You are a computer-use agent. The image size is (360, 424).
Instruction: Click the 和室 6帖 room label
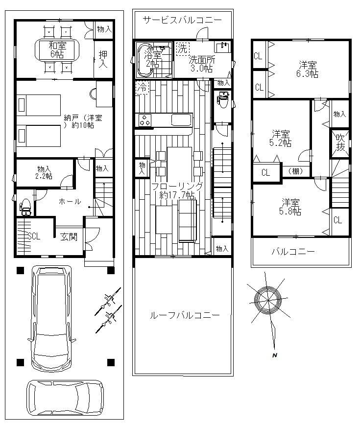click(57, 49)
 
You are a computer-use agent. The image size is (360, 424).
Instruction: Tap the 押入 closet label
click(103, 59)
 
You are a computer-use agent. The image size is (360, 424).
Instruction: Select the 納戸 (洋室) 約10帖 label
click(83, 121)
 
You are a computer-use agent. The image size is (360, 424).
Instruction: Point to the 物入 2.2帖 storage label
click(45, 172)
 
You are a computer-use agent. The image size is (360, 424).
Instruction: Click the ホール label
click(70, 201)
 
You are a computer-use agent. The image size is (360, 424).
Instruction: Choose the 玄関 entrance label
click(69, 237)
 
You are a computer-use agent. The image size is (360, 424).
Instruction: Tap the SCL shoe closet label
click(34, 236)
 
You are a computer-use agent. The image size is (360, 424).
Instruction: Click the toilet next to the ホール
click(25, 207)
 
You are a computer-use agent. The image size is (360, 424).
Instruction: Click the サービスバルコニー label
click(182, 20)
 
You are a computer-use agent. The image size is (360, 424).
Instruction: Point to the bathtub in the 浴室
click(145, 60)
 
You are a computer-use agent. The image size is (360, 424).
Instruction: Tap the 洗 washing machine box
click(183, 48)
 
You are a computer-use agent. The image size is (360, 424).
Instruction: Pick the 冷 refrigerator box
click(142, 87)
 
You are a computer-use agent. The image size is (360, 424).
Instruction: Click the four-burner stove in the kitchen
click(145, 120)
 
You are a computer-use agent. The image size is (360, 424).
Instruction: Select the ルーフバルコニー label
click(185, 315)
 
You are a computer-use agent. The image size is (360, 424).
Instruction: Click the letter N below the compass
click(275, 355)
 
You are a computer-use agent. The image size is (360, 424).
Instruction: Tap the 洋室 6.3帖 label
click(307, 70)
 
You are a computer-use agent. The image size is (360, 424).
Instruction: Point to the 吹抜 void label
click(340, 142)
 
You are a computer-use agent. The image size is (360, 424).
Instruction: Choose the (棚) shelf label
click(296, 171)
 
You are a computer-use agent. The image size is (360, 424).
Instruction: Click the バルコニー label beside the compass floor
click(293, 252)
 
